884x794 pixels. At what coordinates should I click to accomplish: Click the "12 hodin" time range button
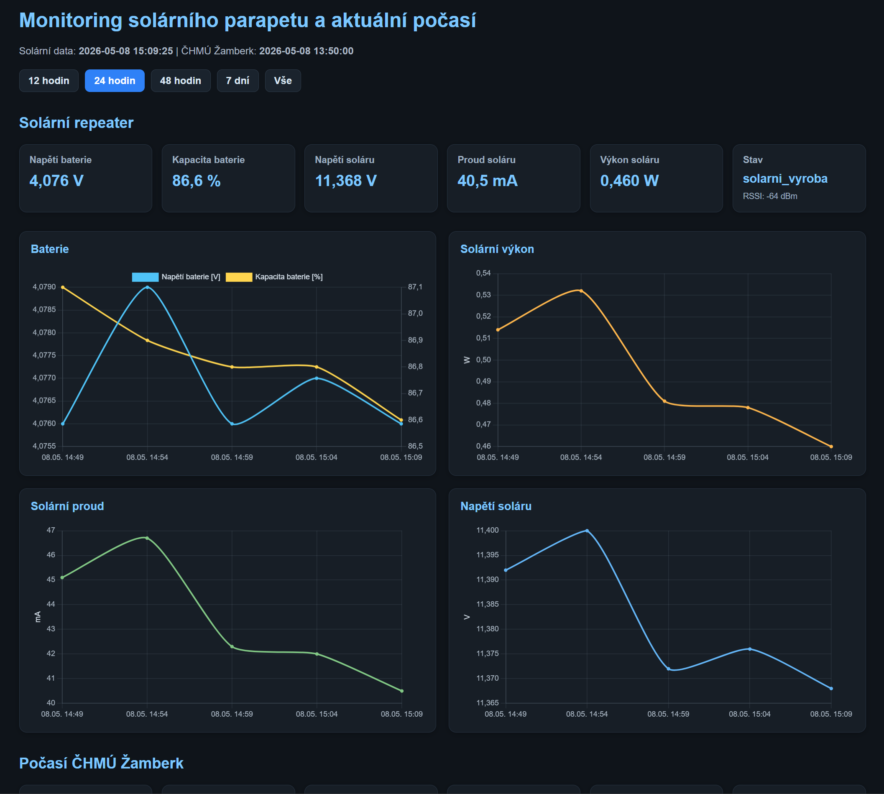49,81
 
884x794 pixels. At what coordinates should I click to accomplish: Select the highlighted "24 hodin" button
115,81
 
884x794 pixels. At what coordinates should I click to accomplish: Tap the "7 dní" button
238,81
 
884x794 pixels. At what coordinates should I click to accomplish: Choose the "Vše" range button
283,81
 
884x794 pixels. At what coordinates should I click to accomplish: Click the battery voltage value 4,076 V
56,181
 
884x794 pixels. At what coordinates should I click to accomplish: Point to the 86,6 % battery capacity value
197,181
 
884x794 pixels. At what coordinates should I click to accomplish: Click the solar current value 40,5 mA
488,181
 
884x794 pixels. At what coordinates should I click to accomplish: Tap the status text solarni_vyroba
785,179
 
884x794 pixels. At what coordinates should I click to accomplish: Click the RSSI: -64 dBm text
770,197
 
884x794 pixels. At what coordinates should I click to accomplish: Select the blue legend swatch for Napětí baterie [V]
145,277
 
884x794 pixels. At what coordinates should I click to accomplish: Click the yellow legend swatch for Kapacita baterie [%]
239,277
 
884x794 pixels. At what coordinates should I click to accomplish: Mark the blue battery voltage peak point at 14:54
148,287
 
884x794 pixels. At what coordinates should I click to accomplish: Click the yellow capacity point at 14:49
63,287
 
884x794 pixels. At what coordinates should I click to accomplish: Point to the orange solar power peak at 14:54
581,291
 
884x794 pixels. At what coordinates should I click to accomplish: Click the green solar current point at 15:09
402,691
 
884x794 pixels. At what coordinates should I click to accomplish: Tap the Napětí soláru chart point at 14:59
669,669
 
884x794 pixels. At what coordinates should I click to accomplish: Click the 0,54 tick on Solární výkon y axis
483,273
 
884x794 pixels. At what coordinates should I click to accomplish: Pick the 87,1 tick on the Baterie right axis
415,287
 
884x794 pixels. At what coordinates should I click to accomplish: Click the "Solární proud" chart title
67,506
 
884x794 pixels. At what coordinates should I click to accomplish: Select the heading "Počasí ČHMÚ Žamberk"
101,763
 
